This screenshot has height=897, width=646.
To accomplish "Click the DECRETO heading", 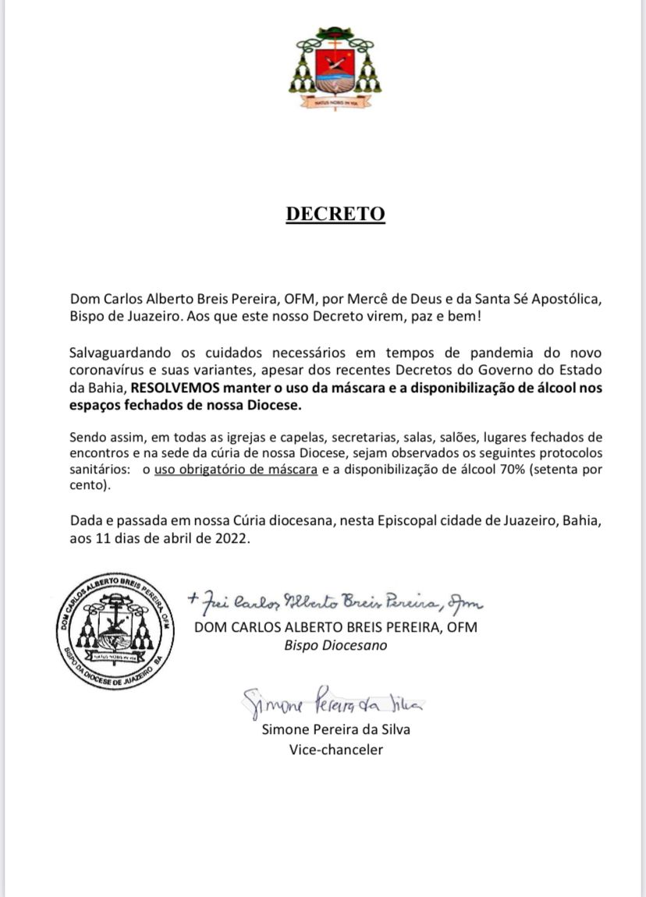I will tap(335, 214).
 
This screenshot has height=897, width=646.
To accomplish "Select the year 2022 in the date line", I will tap(231, 538).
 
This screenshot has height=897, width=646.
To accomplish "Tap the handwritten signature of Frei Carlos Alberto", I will tap(335, 601).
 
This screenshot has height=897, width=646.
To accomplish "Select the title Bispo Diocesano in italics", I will tap(335, 645).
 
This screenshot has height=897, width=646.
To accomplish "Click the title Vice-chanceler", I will tap(335, 750).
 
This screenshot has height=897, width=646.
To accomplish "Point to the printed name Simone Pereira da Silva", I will tap(335, 731).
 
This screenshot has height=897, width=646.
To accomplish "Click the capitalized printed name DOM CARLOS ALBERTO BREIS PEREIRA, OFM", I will tap(335, 627).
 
